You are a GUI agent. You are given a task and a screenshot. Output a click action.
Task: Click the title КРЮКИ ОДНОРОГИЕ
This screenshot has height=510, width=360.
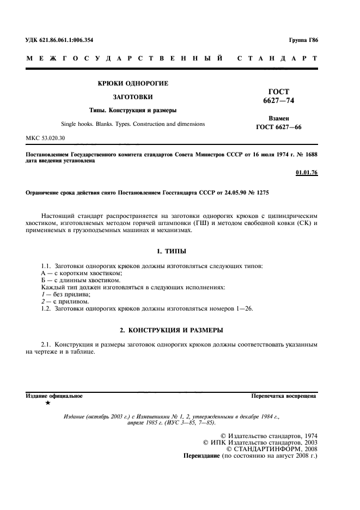[132, 83]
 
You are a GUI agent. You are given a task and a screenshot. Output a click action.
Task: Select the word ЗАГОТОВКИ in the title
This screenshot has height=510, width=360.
[132, 97]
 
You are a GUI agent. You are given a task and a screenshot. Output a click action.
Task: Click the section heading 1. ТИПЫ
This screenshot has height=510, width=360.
[171, 252]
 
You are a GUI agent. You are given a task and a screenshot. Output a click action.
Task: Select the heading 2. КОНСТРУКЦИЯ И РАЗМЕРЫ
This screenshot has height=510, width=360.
[171, 330]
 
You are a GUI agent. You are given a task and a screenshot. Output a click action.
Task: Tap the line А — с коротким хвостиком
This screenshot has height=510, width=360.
[81, 272]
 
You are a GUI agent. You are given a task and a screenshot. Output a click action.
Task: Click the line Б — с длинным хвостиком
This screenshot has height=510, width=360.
[80, 280]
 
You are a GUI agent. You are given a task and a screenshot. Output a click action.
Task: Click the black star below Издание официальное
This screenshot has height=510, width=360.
[48, 403]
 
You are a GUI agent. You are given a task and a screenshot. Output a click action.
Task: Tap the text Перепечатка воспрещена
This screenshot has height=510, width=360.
[284, 394]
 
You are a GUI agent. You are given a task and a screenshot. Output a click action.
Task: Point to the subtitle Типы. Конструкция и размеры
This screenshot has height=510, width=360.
[132, 111]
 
